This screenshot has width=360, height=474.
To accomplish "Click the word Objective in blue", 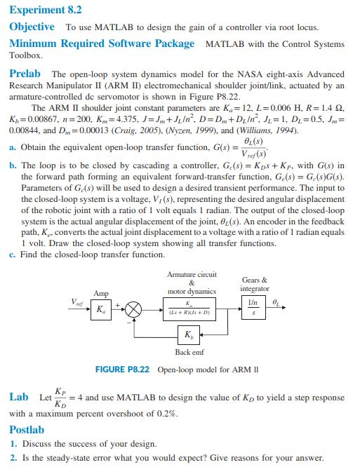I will tap(32, 27).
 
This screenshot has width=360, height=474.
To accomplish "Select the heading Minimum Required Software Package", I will tap(102, 43).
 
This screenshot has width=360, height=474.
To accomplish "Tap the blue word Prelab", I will tap(25, 73).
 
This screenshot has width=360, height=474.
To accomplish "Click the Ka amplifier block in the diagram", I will tap(101, 309).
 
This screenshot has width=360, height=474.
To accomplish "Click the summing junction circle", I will tap(134, 309).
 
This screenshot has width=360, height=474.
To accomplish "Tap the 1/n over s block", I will tap(253, 309).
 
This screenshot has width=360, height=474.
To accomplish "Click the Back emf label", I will tap(189, 353).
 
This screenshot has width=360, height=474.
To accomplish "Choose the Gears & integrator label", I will tap(253, 285).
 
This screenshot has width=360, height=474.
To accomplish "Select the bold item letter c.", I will tap(12, 255).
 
